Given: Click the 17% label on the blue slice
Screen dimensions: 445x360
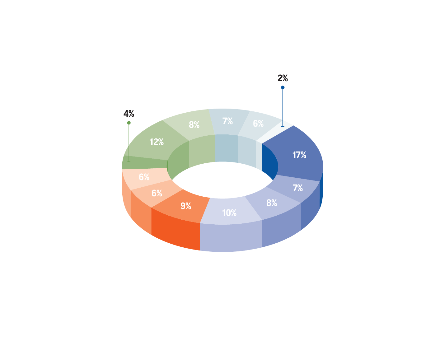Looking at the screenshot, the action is (299, 155).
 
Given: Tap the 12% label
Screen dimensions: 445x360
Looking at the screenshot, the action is (157, 142).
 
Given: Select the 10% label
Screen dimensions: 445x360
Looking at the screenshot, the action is (229, 213).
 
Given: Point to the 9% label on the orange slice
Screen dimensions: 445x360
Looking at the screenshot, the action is (186, 206).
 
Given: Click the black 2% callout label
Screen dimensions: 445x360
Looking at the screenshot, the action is (283, 78).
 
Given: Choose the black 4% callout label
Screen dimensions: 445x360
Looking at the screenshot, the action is (129, 114).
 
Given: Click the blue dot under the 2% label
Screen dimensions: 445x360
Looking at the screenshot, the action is (283, 87).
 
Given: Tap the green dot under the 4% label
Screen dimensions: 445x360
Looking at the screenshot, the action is (129, 123).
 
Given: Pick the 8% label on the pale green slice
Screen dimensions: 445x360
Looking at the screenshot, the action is (194, 125).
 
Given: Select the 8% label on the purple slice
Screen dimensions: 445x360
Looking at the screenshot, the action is (272, 203).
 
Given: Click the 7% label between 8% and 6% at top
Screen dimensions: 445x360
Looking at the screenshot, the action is (227, 121).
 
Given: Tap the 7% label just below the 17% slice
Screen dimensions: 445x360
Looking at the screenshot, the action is (297, 188).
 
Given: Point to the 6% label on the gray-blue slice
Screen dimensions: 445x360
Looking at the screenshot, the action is (258, 124).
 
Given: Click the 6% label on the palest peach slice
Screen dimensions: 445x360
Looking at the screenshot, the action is (144, 177).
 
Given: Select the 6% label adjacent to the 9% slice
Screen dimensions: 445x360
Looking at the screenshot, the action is (157, 193).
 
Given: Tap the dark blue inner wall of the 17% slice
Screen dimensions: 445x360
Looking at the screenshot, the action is (269, 161).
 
